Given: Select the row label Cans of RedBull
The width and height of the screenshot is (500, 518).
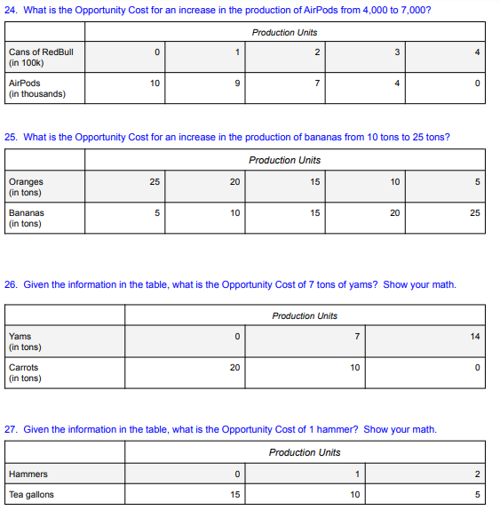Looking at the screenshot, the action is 41,52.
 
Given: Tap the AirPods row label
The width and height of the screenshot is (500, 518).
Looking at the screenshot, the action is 25,84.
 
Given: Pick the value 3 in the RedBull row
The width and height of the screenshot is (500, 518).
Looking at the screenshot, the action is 397,52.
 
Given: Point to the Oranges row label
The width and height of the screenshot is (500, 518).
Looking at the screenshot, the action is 26,182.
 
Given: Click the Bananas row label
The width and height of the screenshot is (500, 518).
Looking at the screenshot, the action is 27,213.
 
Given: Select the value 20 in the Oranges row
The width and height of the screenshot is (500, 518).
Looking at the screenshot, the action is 234,182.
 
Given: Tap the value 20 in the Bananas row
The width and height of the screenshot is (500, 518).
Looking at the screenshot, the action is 394,213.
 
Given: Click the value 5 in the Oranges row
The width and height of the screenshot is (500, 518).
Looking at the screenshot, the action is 477,182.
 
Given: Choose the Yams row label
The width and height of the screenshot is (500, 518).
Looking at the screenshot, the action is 20,337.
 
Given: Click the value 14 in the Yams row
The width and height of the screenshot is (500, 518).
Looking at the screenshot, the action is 475,337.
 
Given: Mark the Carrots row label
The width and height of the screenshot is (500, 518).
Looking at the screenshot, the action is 23,368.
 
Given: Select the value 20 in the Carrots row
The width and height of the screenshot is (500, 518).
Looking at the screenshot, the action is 234,368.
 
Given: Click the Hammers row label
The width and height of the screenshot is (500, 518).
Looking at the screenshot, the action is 28,474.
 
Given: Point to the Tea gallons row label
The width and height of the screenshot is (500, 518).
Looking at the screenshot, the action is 31,495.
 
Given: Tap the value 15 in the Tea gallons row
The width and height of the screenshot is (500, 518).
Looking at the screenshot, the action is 234,495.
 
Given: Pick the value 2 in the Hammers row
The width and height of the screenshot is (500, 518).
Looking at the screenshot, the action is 477,474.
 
